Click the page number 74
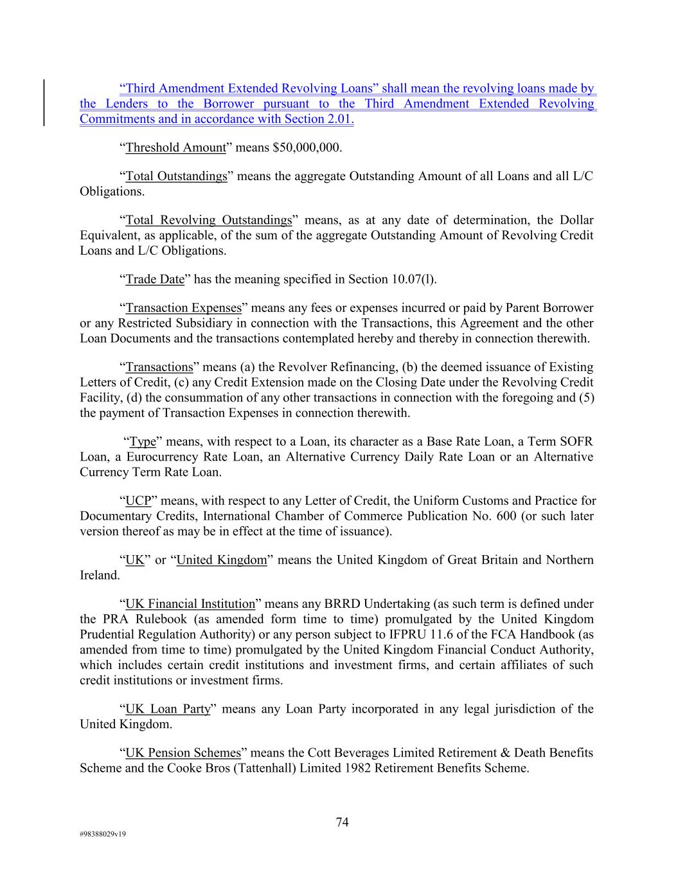click(x=342, y=822)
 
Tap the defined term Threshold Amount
click(x=175, y=147)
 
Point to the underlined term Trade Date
click(x=155, y=279)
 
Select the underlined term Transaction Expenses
click(x=183, y=307)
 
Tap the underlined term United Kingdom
click(x=221, y=560)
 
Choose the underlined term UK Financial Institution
click(x=190, y=603)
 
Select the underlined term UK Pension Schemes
click(x=183, y=753)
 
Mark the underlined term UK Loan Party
click(x=168, y=709)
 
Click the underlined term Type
click(x=143, y=441)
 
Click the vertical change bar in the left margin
click(x=44, y=103)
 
